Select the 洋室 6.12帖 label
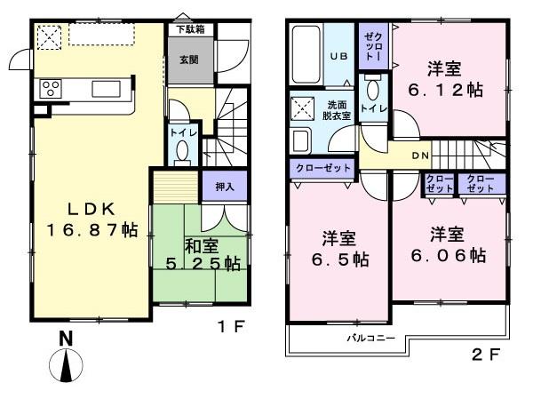coord(449,78)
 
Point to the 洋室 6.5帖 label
coord(338,250)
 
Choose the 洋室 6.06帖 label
coord(449,245)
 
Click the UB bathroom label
coord(340,55)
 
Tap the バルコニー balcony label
coord(365,339)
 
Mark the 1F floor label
coord(228,326)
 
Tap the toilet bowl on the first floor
coord(182,153)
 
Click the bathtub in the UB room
coord(306,55)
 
